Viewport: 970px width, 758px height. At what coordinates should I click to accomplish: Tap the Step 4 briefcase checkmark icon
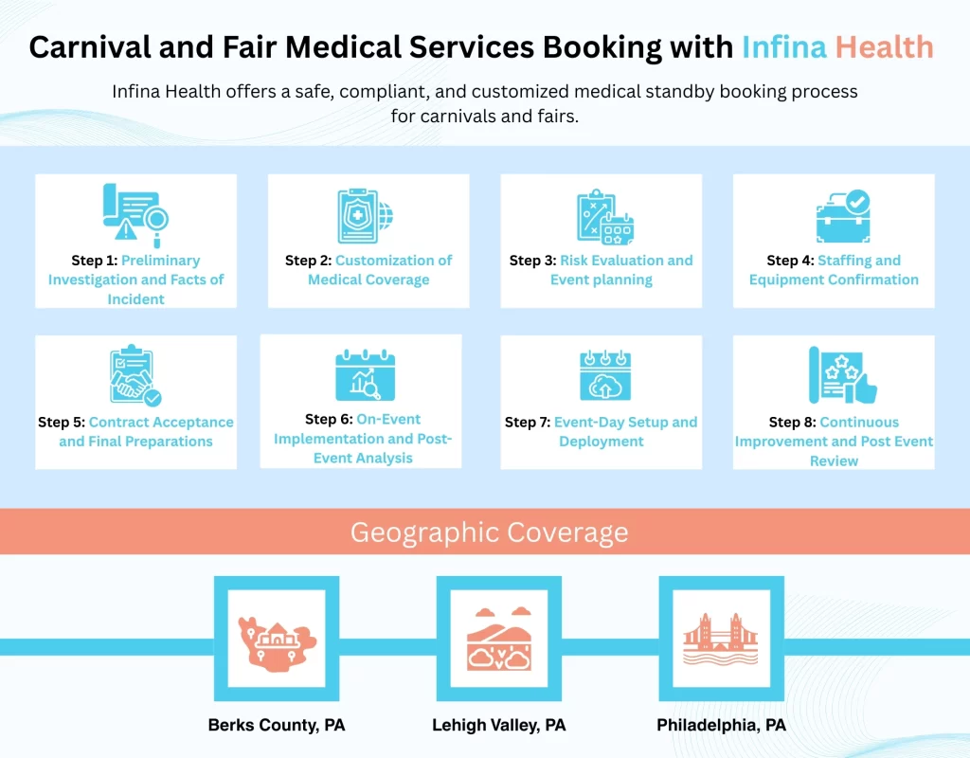click(842, 216)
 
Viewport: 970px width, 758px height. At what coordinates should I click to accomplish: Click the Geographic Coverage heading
click(489, 532)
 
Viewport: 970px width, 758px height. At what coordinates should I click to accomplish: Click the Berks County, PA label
click(276, 726)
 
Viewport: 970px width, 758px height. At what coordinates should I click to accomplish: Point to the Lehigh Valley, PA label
click(498, 726)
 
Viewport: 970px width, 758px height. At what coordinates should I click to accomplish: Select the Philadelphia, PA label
click(721, 726)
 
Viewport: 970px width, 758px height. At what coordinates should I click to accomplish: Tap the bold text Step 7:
click(528, 423)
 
